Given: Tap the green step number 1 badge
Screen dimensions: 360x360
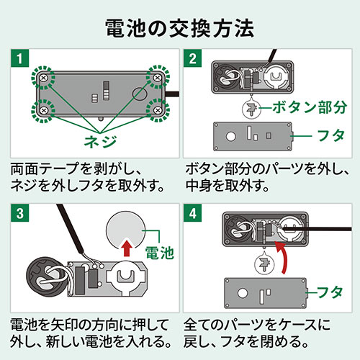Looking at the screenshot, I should click(21, 57).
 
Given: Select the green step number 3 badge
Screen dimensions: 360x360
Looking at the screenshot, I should click(21, 215).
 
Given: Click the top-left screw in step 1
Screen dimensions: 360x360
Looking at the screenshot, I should click(44, 76).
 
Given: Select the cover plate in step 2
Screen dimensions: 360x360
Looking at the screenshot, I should click(253, 136).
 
